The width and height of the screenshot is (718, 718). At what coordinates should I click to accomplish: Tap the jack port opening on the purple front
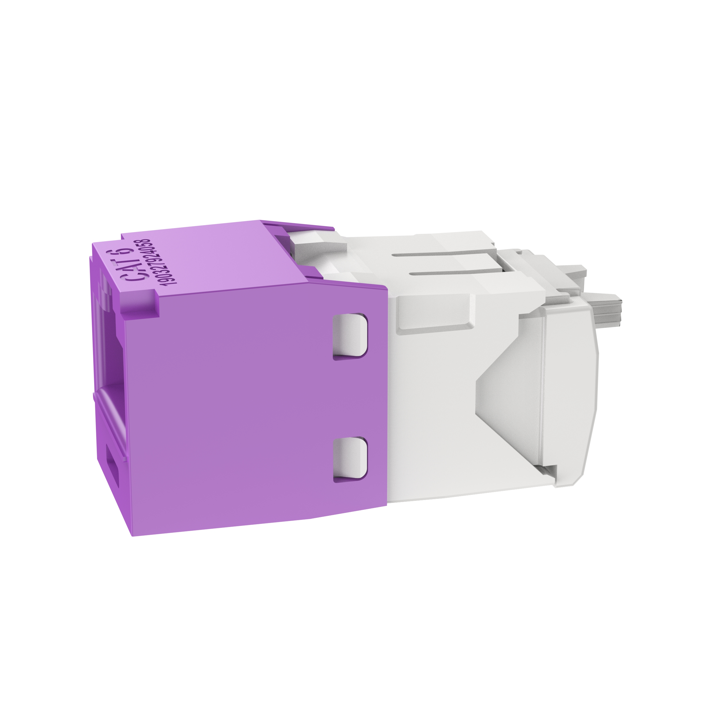click(x=108, y=357)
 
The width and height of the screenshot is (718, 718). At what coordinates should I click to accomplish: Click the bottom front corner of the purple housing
click(x=133, y=535)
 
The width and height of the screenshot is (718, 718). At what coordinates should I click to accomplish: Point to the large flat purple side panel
click(x=238, y=409)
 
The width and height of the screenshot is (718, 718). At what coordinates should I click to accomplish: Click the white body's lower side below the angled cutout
click(x=464, y=479)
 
